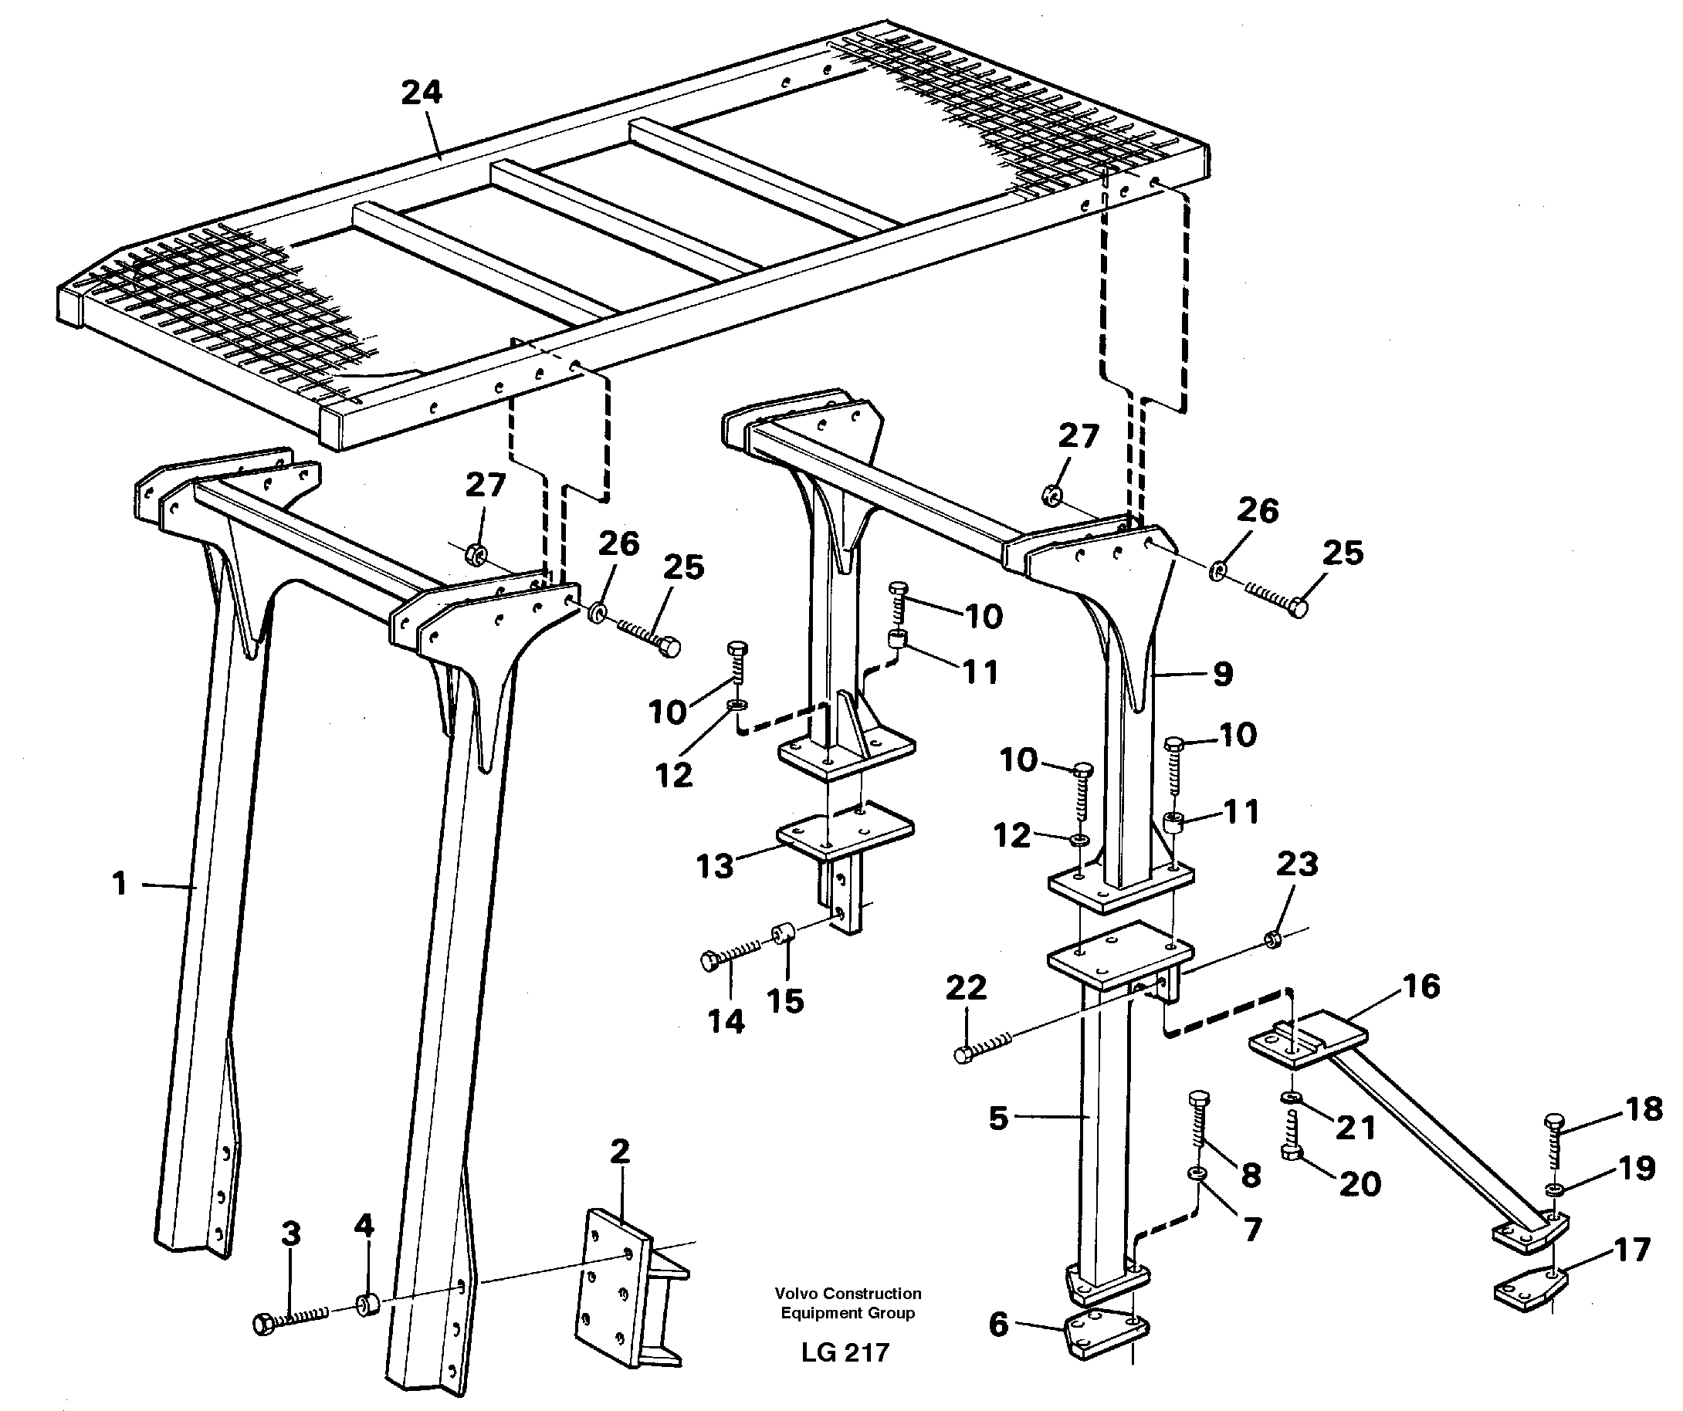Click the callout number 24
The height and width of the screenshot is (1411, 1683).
422,93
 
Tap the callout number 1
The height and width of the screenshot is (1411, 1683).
120,885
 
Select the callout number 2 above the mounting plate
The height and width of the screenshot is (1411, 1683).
619,1152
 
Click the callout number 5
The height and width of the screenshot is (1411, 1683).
997,1118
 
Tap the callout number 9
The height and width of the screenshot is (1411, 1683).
1222,674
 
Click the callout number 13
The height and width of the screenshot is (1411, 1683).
715,866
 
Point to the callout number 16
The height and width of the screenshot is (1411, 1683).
1421,986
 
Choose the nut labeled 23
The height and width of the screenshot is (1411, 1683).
1271,938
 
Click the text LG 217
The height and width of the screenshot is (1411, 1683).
845,1352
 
